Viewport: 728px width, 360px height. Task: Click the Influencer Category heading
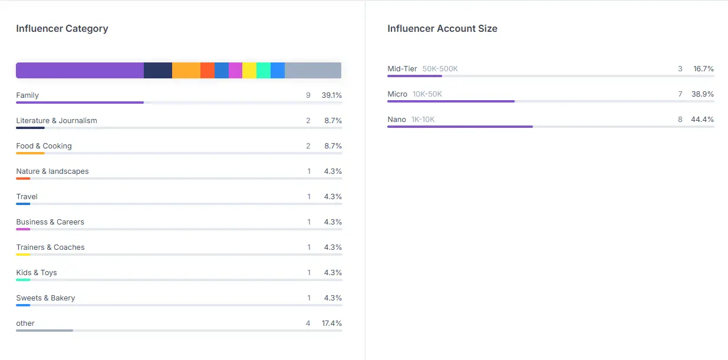tap(62, 29)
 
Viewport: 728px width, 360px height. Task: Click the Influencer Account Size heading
tap(442, 29)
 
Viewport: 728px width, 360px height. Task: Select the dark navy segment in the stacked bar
tap(158, 71)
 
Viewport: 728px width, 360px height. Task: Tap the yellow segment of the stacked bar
tap(249, 71)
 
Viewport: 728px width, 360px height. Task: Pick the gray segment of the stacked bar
tap(313, 71)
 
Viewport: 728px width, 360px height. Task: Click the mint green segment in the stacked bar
tap(263, 71)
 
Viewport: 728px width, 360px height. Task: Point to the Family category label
tap(28, 95)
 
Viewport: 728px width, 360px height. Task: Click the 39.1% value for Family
tap(332, 95)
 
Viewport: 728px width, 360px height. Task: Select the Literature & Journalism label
tap(57, 121)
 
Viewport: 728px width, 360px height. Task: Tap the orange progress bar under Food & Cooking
tap(30, 153)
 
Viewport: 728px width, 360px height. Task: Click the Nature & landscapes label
tap(52, 171)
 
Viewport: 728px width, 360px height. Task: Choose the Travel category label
tap(27, 197)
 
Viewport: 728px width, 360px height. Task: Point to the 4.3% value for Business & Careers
tap(333, 222)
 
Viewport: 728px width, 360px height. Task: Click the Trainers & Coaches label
tap(50, 247)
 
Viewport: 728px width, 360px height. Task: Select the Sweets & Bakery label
tap(45, 298)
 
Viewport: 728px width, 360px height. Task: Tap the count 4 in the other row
tap(308, 323)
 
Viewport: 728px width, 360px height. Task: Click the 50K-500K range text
tap(440, 68)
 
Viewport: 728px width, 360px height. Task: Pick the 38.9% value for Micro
tap(703, 94)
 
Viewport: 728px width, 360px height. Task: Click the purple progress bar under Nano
tap(460, 127)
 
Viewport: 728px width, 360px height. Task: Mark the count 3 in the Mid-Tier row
tap(680, 68)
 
